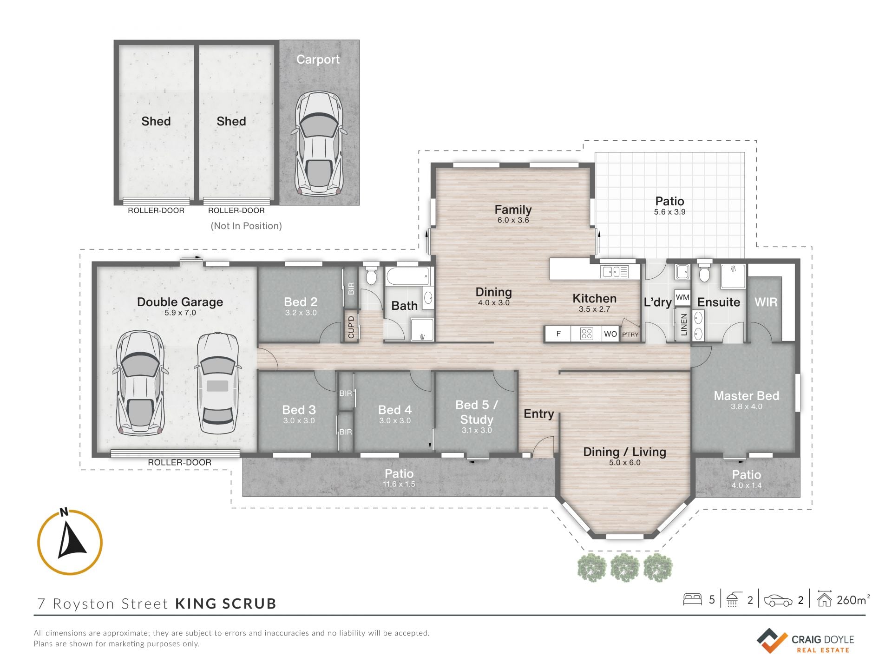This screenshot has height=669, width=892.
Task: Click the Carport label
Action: coord(318,59)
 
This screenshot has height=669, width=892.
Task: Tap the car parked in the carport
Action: coord(319,143)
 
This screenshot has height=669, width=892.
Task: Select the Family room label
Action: coord(513,210)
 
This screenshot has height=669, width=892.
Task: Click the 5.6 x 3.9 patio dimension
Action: coord(669,212)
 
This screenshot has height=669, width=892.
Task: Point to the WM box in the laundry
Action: coord(682,297)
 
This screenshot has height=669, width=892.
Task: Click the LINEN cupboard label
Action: coord(683,324)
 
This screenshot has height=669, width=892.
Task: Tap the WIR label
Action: coord(766,302)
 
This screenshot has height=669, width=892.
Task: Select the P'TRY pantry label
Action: coord(630,334)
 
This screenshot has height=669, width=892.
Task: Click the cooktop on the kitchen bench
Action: coord(587,334)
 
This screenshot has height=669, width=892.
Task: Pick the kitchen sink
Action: coord(614,271)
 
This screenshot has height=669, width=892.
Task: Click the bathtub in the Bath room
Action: coord(408,276)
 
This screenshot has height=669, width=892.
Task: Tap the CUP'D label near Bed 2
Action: coord(351,327)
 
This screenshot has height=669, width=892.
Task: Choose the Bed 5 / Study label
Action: coord(477,412)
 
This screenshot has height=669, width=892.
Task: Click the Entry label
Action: coord(539,413)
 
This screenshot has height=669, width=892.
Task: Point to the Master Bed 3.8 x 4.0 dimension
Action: coord(747,407)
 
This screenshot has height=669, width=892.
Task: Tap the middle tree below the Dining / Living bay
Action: coord(625,567)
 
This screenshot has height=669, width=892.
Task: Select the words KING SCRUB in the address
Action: coord(226,603)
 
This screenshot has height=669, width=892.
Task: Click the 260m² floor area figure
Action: coord(853,600)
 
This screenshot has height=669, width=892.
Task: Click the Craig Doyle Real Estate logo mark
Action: coord(772,641)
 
